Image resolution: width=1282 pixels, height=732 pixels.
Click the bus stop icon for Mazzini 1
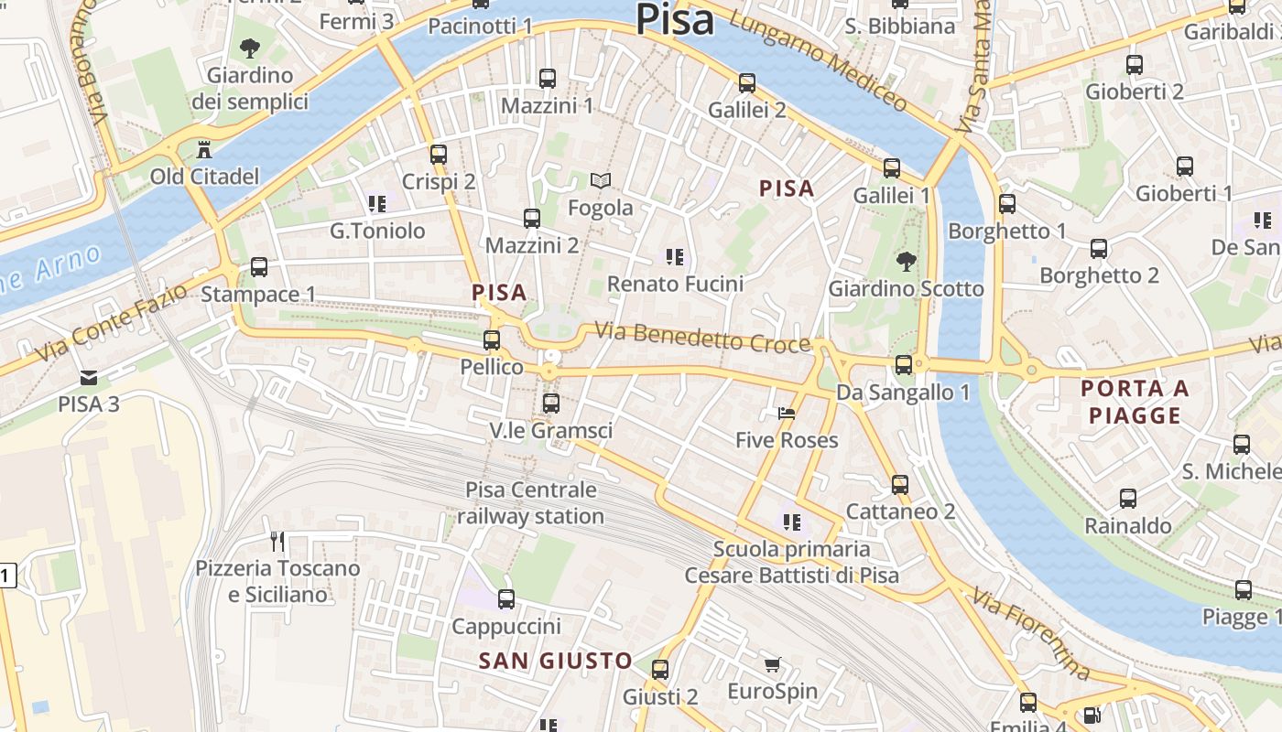(x=548, y=79)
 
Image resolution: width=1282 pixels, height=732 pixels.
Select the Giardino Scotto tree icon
(x=906, y=262)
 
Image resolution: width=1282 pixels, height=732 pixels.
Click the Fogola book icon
(x=600, y=180)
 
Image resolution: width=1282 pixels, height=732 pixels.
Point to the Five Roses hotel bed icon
(x=787, y=414)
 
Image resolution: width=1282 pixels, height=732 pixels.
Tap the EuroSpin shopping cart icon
(x=772, y=664)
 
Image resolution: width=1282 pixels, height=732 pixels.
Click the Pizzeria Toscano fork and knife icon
(x=277, y=541)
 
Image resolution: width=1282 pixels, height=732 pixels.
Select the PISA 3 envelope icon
(x=89, y=377)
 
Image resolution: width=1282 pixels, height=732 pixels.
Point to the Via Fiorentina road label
(x=1032, y=634)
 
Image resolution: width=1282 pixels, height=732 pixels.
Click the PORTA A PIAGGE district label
(x=1135, y=402)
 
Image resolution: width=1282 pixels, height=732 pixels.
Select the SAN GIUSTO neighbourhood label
(x=556, y=661)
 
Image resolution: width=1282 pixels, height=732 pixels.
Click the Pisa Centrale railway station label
(x=531, y=503)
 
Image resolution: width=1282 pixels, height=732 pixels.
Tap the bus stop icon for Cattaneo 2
(x=900, y=484)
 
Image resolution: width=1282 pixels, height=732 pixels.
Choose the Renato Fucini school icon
(x=676, y=257)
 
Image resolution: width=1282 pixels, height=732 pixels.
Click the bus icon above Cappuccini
(x=505, y=599)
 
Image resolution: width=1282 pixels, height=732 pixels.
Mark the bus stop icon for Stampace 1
(x=259, y=267)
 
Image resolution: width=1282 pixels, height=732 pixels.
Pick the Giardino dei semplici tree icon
(x=249, y=48)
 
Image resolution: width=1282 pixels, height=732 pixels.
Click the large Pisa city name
(x=675, y=20)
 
